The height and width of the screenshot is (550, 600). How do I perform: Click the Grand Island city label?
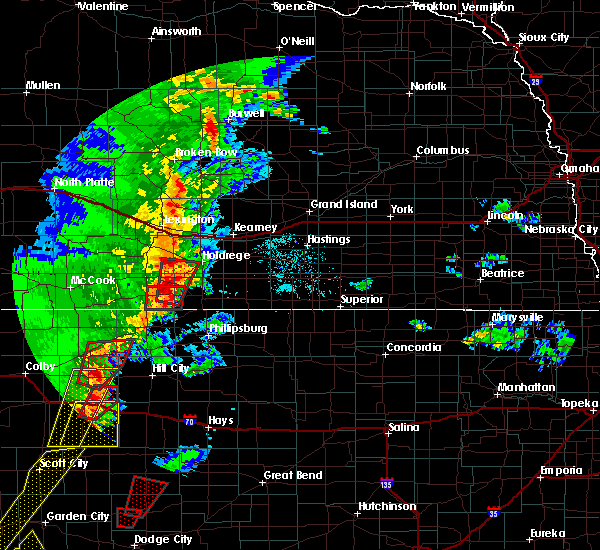click(x=343, y=204)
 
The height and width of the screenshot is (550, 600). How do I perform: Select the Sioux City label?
click(x=544, y=37)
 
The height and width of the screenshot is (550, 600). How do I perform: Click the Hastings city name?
click(x=328, y=240)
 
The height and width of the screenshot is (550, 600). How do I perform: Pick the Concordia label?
click(x=414, y=347)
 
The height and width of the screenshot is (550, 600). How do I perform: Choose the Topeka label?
click(x=579, y=403)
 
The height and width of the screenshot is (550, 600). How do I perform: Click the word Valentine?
click(x=103, y=6)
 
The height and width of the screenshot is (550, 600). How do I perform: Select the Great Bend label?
click(x=293, y=475)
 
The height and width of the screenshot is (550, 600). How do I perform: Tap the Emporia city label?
click(x=561, y=470)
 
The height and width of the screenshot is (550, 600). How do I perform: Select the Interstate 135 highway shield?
click(x=387, y=483)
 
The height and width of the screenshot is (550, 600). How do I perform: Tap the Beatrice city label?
click(x=502, y=273)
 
